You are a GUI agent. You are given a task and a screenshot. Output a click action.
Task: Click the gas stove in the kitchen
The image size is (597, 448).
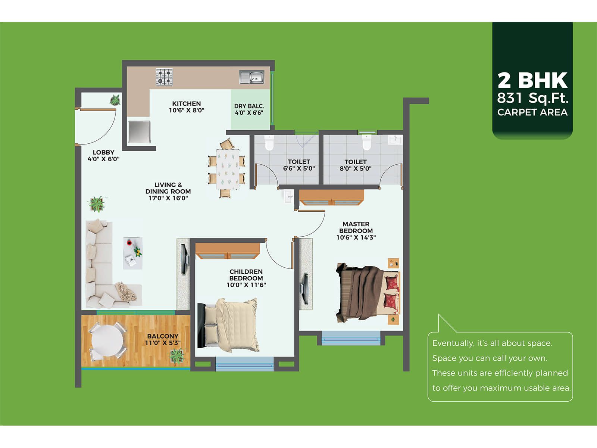point(164,77)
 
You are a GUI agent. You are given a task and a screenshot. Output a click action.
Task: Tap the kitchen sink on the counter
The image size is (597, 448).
point(251,77)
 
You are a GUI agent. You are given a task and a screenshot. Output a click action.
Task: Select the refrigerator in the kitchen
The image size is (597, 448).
point(139,132)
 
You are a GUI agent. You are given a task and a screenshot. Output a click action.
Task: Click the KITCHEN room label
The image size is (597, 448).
point(186,104)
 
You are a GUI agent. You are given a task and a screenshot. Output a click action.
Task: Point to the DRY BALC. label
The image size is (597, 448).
point(249,106)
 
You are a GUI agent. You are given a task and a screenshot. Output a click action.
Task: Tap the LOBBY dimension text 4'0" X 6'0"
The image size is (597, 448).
point(103,159)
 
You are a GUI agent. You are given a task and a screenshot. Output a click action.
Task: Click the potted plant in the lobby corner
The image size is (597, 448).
point(115,100)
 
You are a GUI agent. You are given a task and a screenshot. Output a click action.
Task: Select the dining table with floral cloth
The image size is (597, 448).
point(228,169)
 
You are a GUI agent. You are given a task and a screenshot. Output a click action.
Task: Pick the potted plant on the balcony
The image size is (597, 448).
point(177,356)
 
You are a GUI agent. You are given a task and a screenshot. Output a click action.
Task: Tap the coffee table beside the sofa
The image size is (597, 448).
point(133,253)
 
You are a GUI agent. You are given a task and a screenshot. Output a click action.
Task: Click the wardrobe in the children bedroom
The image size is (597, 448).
point(228,251)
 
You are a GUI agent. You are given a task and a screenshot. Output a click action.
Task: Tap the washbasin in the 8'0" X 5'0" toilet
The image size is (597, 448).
point(395,140)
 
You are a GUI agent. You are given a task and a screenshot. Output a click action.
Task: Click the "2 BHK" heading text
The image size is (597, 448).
point(532,80)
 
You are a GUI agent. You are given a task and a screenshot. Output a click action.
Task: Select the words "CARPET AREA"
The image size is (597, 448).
point(532,112)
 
